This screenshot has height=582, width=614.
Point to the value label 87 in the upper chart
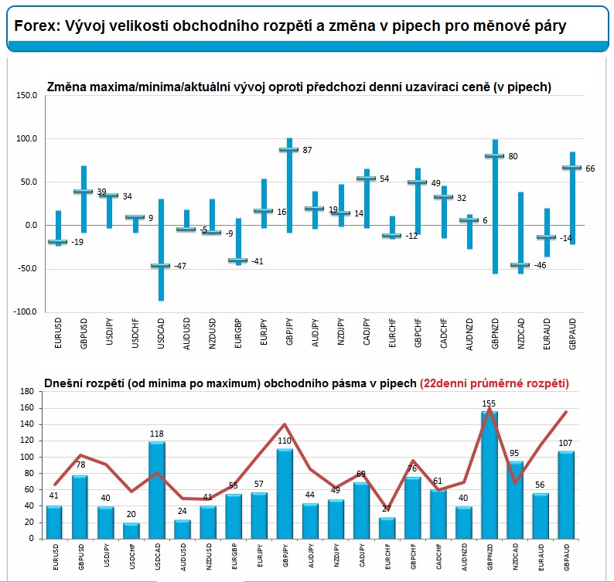pyautogui.click(x=307, y=149)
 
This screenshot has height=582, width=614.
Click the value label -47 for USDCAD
pyautogui.click(x=179, y=266)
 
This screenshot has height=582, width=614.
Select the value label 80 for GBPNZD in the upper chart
pyautogui.click(x=513, y=156)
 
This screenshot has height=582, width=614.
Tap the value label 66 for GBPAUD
pyautogui.click(x=589, y=168)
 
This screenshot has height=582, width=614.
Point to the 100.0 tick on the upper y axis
pyautogui.click(x=26, y=138)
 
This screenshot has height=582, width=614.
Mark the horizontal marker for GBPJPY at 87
pyautogui.click(x=288, y=149)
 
